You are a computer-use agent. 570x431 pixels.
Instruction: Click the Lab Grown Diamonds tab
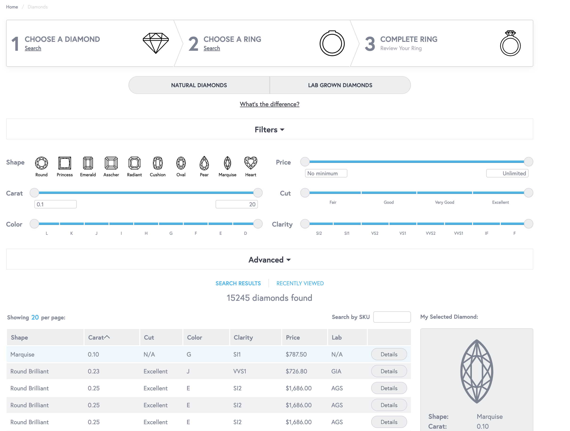(x=340, y=85)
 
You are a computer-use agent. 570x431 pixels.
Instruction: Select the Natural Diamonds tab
(x=199, y=85)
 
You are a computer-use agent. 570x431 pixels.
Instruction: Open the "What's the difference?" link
(x=269, y=104)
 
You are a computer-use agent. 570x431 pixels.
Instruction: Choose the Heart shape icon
(x=250, y=163)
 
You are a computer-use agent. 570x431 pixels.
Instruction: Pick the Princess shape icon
(x=65, y=163)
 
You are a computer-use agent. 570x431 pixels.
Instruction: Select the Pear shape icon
(x=204, y=163)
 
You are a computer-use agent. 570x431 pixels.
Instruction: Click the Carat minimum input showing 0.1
(x=55, y=204)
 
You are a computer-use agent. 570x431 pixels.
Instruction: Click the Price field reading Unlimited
(x=507, y=173)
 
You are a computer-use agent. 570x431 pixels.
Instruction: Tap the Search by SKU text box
(x=392, y=317)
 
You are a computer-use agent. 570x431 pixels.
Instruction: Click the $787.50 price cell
(x=296, y=354)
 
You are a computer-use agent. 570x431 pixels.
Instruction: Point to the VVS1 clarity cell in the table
(x=240, y=371)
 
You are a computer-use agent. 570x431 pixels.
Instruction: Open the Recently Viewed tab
(x=300, y=283)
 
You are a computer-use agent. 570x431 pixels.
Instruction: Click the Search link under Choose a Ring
(x=212, y=48)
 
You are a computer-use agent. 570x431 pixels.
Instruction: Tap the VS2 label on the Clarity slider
(x=375, y=233)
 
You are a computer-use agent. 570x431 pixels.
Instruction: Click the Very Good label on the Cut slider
(x=445, y=202)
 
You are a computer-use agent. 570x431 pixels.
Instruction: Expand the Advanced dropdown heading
(x=269, y=260)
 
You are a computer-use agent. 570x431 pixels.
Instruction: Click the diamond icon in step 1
(x=156, y=43)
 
